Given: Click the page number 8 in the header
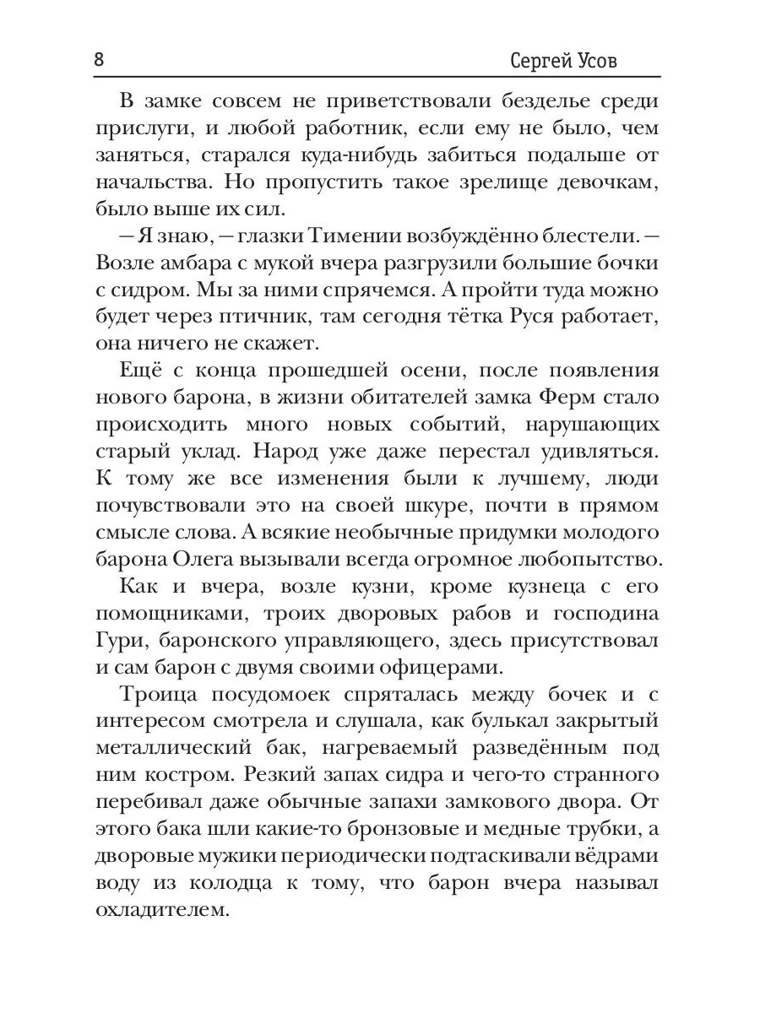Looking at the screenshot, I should tap(100, 60).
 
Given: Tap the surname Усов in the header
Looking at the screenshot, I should tap(620, 61).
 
